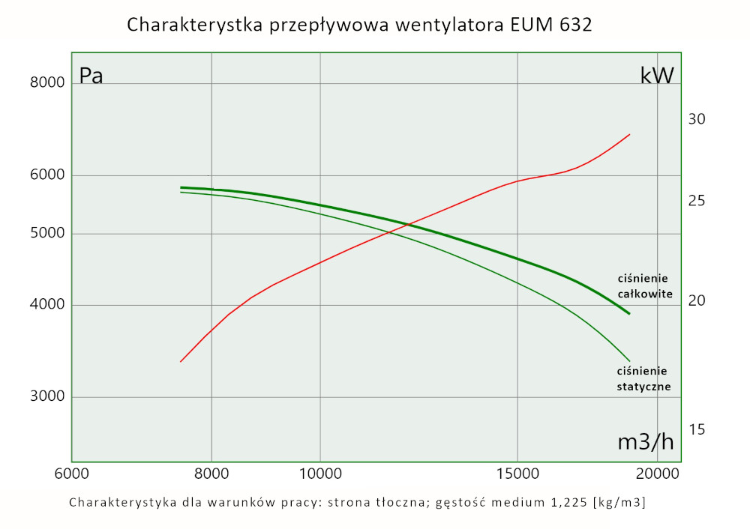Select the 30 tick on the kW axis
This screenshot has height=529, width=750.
click(697, 119)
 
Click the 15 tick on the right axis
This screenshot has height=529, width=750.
click(697, 429)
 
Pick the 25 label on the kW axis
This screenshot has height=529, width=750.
click(697, 201)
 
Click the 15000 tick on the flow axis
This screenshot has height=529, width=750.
click(517, 474)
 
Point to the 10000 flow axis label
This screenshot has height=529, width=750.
click(320, 474)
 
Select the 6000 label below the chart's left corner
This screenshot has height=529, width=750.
click(72, 474)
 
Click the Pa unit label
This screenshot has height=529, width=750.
click(91, 76)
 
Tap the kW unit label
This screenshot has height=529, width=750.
click(657, 76)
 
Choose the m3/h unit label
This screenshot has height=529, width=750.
click(645, 442)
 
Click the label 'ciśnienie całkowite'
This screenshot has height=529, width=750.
click(644, 285)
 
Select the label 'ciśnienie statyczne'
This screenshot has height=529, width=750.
click(643, 378)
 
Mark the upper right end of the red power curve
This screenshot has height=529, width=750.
click(629, 135)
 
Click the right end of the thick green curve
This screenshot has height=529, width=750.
click(629, 313)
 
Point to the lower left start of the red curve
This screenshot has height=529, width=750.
click(181, 362)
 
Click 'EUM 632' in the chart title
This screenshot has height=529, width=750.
click(550, 25)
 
